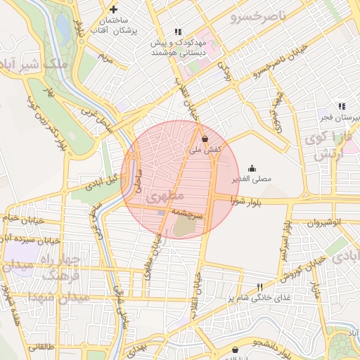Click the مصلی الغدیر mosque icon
pos(252,167)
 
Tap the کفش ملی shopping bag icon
pos(205,139)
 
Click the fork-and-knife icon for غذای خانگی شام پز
pos(259,288)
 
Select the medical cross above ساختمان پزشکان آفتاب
pos(113,10)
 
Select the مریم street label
pos(105,56)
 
